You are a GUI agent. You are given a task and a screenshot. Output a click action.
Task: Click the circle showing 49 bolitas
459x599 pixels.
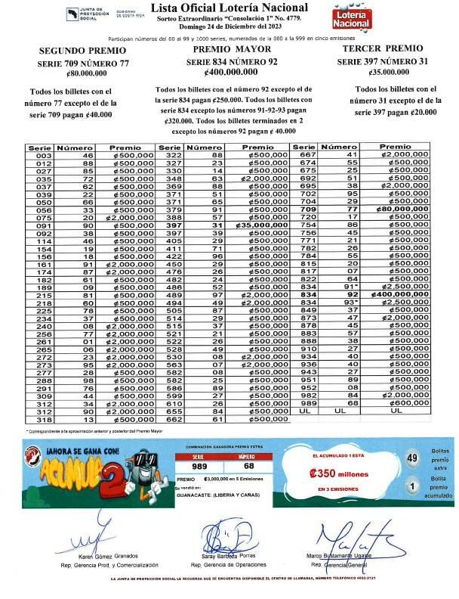click(411, 458)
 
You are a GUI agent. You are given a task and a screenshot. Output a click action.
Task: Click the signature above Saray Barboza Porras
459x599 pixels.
click(226, 538)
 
